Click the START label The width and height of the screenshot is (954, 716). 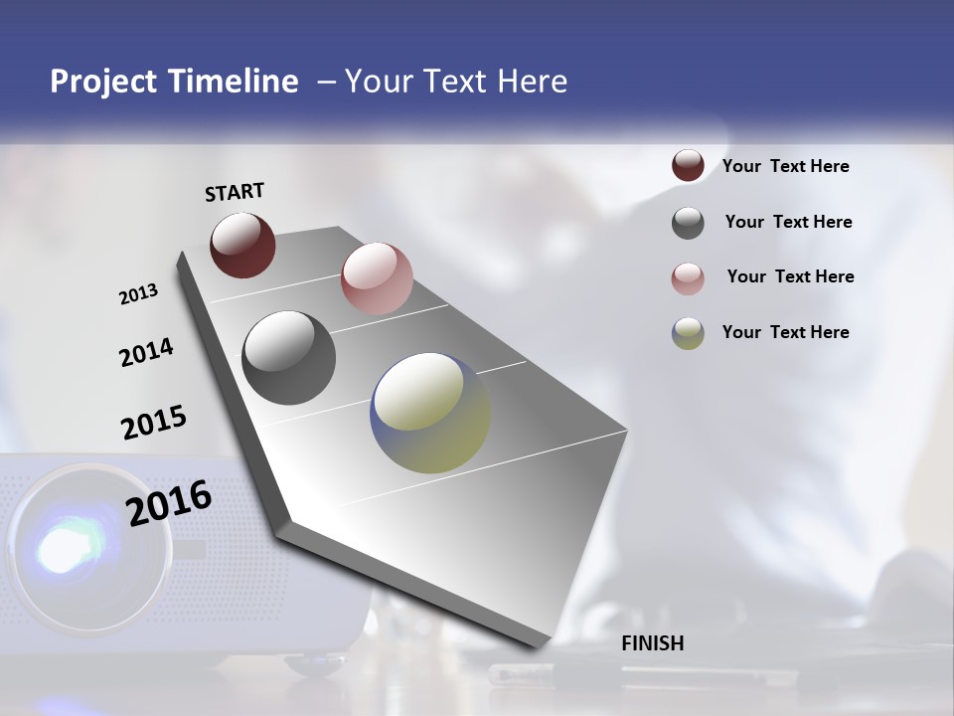pos(235,192)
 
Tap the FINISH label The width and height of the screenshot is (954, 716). pos(652,643)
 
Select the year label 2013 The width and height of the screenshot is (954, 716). pos(138,294)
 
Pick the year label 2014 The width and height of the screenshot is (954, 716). pos(146,353)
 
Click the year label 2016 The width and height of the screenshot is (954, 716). pos(169,502)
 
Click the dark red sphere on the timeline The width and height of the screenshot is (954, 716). pos(242,245)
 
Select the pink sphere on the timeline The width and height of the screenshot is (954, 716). pos(377,277)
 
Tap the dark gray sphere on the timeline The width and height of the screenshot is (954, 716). pos(288,357)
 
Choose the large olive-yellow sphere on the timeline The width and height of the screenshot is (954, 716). pos(430,412)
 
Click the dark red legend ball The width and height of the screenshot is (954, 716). pos(688,166)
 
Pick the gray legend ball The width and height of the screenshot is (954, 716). pos(688,223)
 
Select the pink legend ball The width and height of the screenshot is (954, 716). pos(688,278)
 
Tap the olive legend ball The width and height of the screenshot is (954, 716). pos(688,333)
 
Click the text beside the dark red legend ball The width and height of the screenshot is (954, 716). pos(785,167)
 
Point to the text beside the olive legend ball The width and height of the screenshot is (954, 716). pos(785,332)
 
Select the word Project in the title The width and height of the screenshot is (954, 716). pos(101,82)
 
